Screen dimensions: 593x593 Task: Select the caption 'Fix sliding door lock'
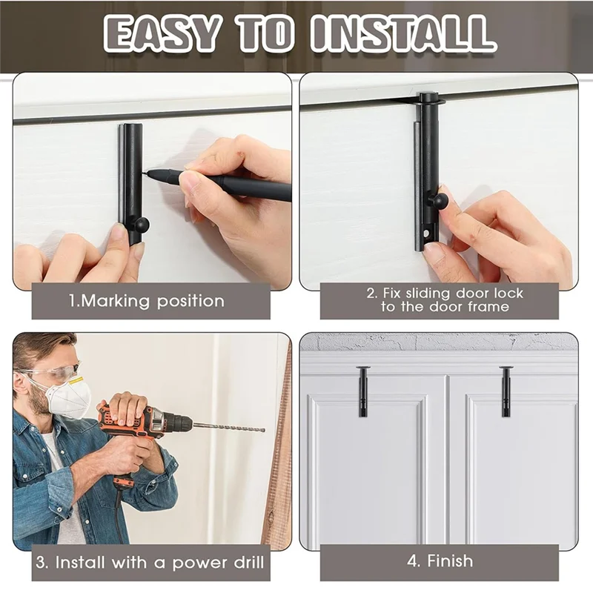[x=445, y=293]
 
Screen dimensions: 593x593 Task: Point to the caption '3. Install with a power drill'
[x=150, y=562]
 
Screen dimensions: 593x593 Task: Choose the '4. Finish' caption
[x=440, y=561]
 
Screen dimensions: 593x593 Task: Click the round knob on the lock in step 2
[x=441, y=201]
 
